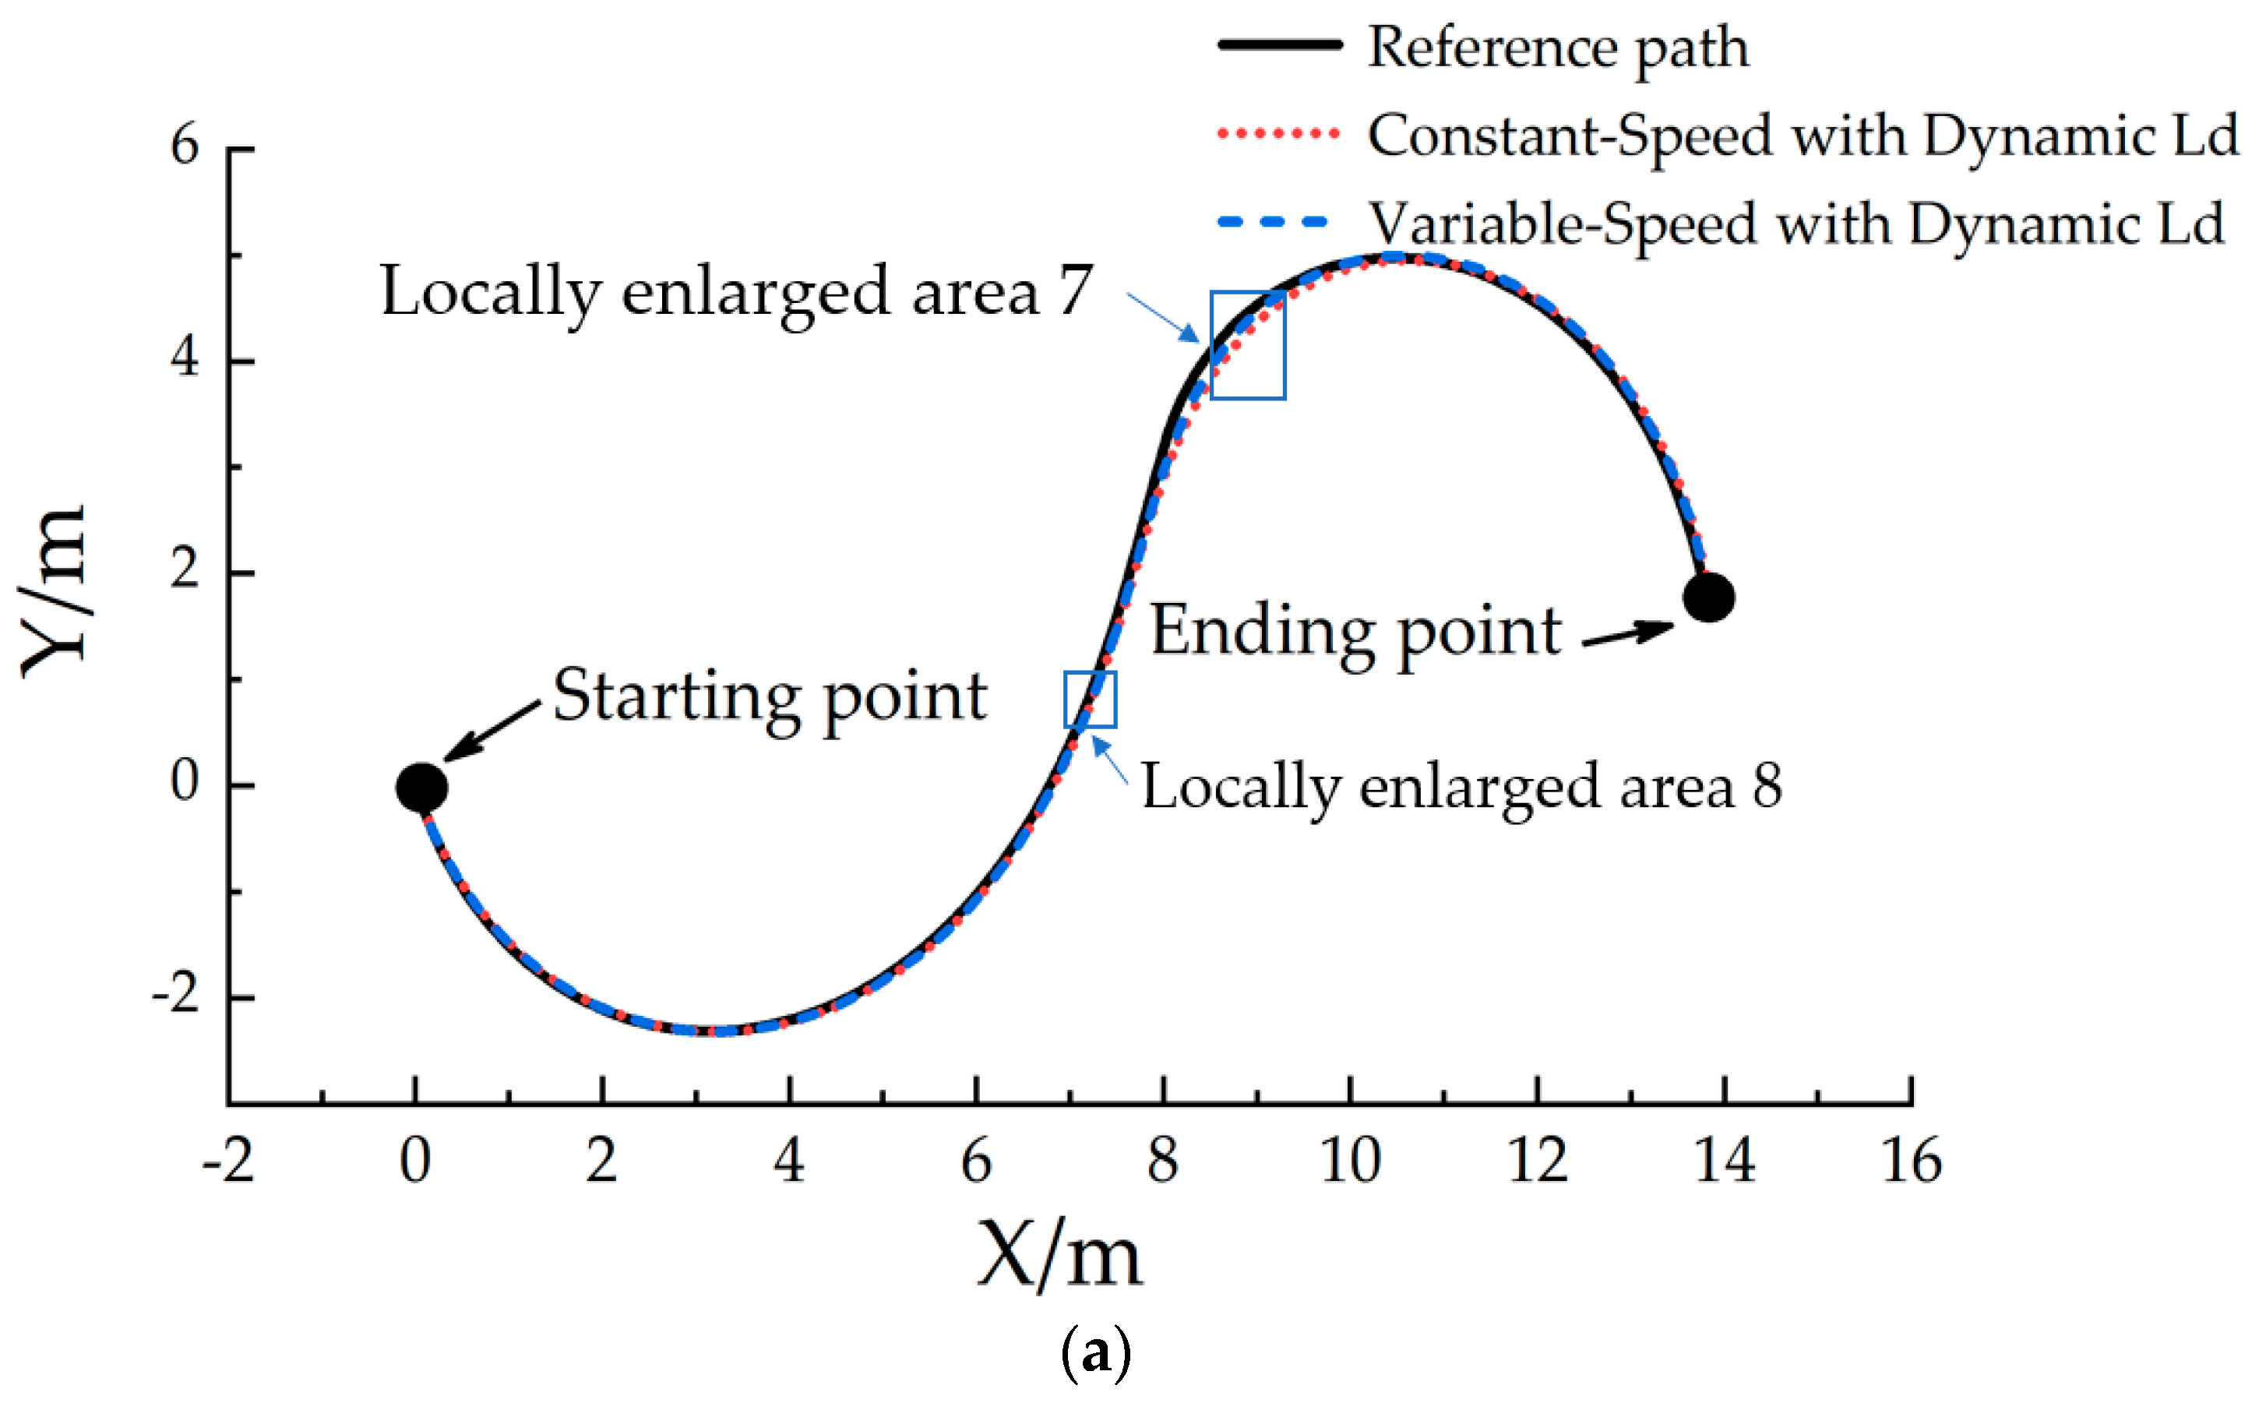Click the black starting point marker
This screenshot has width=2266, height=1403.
click(421, 788)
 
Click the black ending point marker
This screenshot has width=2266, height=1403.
click(1708, 597)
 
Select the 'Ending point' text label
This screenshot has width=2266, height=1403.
click(1355, 630)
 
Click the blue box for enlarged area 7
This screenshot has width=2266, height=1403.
click(1248, 345)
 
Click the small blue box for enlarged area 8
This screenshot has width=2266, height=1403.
click(1090, 700)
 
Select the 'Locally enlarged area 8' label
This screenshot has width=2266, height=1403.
click(1461, 787)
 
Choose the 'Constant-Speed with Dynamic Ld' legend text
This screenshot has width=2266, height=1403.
click(1803, 136)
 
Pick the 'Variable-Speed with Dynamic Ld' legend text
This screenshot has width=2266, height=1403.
click(1796, 224)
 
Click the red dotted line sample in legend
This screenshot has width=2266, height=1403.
click(1278, 134)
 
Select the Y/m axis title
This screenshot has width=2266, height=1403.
click(54, 592)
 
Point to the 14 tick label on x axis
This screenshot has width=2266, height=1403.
click(1725, 1161)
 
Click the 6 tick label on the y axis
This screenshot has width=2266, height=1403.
click(185, 146)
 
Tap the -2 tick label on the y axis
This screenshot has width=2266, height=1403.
click(176, 996)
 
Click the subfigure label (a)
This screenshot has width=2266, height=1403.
click(1094, 1354)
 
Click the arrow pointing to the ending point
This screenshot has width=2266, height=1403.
click(1628, 634)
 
